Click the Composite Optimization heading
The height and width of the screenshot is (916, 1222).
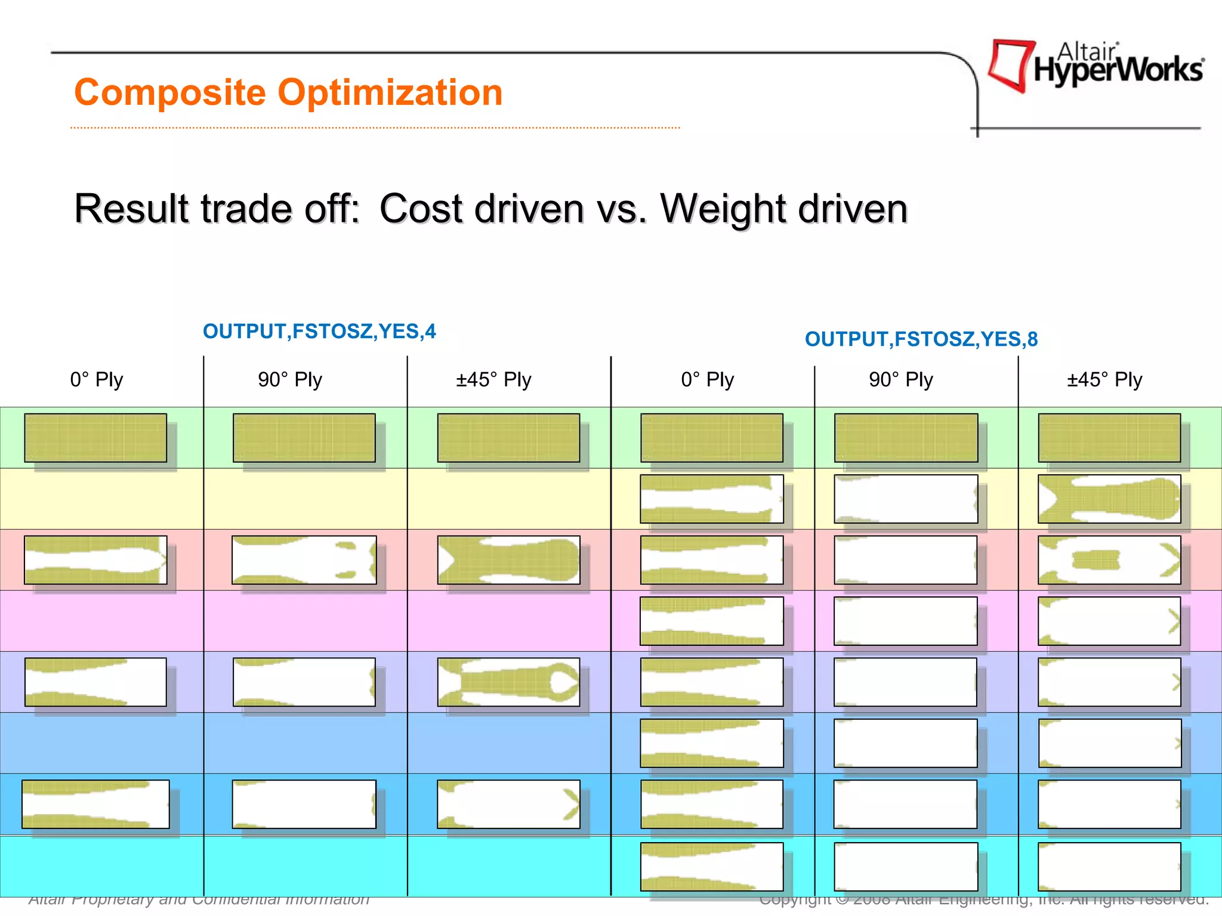pyautogui.click(x=288, y=93)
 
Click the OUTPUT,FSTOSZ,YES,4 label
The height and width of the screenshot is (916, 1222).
pyautogui.click(x=319, y=331)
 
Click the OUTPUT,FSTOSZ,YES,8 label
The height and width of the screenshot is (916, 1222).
pyautogui.click(x=921, y=339)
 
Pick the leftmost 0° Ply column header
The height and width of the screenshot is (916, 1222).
pyautogui.click(x=97, y=379)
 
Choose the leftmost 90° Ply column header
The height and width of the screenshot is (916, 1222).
pyautogui.click(x=290, y=379)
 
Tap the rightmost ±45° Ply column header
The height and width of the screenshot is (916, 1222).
pyautogui.click(x=1104, y=379)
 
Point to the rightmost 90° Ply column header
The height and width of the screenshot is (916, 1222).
pyautogui.click(x=901, y=379)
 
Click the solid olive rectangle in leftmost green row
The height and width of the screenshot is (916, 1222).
pyautogui.click(x=95, y=438)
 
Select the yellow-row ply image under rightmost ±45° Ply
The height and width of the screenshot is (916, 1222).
pyautogui.click(x=1109, y=499)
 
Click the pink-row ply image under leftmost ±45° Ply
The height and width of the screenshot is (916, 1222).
pyautogui.click(x=508, y=560)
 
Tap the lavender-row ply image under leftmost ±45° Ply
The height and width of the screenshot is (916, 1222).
pyautogui.click(x=508, y=682)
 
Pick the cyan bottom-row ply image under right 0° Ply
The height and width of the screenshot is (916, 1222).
pyautogui.click(x=712, y=867)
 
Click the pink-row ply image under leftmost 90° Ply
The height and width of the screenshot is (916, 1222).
pyautogui.click(x=304, y=560)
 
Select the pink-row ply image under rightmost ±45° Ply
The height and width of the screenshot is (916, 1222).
pyautogui.click(x=1109, y=560)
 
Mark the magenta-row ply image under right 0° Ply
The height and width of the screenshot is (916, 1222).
pyautogui.click(x=712, y=621)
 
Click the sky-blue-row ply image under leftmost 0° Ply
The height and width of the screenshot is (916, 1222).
pyautogui.click(x=95, y=804)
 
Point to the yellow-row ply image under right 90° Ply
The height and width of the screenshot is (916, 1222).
pyautogui.click(x=906, y=499)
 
